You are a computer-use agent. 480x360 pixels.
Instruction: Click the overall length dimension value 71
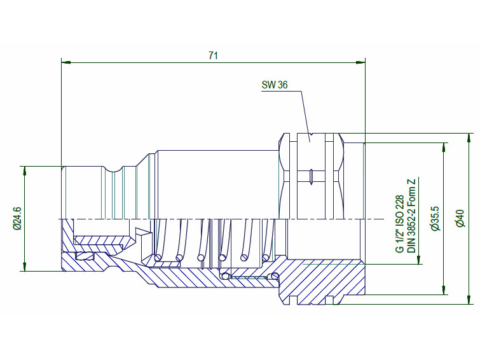tap(213, 55)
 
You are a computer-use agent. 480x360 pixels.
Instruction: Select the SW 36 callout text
tap(275, 85)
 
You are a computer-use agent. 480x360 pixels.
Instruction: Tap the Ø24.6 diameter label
tap(17, 218)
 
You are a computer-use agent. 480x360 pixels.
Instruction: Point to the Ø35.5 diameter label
tap(434, 218)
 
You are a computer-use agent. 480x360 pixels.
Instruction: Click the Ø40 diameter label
tap(460, 218)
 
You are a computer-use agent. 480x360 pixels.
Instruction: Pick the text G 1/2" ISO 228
tap(400, 224)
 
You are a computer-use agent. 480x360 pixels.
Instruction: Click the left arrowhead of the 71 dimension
tap(66, 62)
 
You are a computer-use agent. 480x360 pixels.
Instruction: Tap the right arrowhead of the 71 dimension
tap(360, 62)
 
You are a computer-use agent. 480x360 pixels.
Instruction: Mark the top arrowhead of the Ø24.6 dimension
tap(25, 170)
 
